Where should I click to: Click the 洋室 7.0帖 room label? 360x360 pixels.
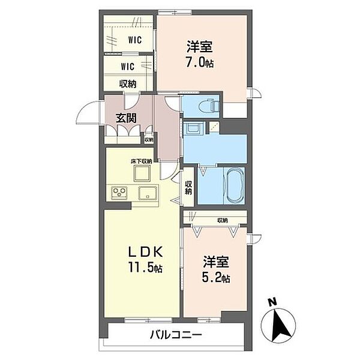tap(200, 54)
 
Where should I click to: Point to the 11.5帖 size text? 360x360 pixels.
tap(145, 268)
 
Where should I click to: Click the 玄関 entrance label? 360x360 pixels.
tap(127, 118)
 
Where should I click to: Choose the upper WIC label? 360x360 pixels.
tap(134, 40)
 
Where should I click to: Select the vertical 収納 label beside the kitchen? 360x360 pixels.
tap(188, 188)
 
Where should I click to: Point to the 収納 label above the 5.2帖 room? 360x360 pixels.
tap(222, 220)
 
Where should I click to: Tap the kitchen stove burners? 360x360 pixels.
tap(119, 193)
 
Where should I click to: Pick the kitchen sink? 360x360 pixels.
tap(147, 193)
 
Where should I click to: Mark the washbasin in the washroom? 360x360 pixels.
tap(194, 128)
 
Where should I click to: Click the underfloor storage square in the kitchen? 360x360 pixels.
tap(143, 175)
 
